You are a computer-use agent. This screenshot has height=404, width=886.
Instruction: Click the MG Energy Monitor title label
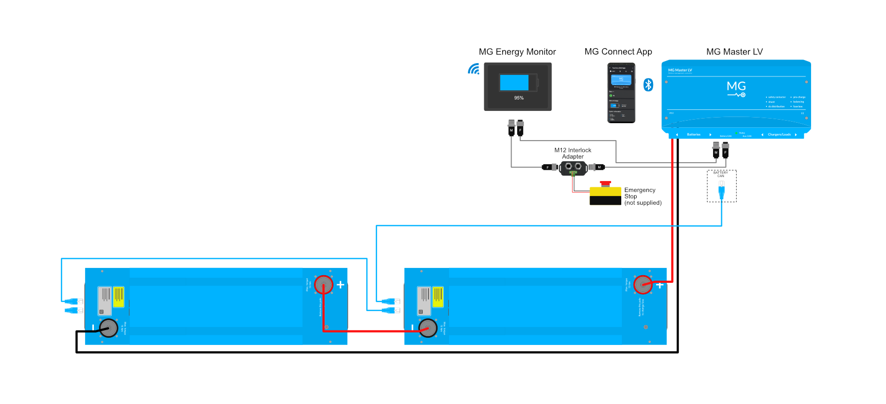pos(517,52)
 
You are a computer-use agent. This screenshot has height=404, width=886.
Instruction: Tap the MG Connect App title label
pos(618,52)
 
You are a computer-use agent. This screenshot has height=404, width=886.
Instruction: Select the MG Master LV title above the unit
pos(734,52)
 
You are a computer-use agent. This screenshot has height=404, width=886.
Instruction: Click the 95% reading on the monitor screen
pos(519,98)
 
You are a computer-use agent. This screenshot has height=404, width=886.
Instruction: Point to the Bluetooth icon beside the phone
pos(648,85)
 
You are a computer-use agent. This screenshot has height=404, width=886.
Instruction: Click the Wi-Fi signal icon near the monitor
pos(474,69)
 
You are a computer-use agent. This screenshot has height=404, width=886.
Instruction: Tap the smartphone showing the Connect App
pos(621,93)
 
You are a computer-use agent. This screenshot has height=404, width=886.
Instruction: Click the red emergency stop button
pos(605,184)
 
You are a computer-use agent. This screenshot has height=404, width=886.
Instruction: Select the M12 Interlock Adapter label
pos(573,153)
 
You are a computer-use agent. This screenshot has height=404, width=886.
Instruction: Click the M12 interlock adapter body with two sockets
pos(573,167)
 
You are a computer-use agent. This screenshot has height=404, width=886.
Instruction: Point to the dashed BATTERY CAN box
pos(721,186)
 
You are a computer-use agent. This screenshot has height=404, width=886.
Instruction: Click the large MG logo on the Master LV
pos(736,88)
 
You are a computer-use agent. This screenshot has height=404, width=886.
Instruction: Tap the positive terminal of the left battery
pos(324,284)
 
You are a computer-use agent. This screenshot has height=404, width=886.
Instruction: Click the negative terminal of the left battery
pos(109,328)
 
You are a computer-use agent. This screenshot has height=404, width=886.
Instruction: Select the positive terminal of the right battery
pos(643,284)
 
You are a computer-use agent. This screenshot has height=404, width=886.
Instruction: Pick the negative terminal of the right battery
pos(428,328)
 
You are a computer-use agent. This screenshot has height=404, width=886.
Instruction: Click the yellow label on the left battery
pos(119,297)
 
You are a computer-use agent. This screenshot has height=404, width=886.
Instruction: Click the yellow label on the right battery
pos(438,297)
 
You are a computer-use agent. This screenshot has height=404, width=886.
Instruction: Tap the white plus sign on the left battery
pos(340,284)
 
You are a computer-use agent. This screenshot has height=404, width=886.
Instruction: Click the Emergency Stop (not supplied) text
pos(642,196)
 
